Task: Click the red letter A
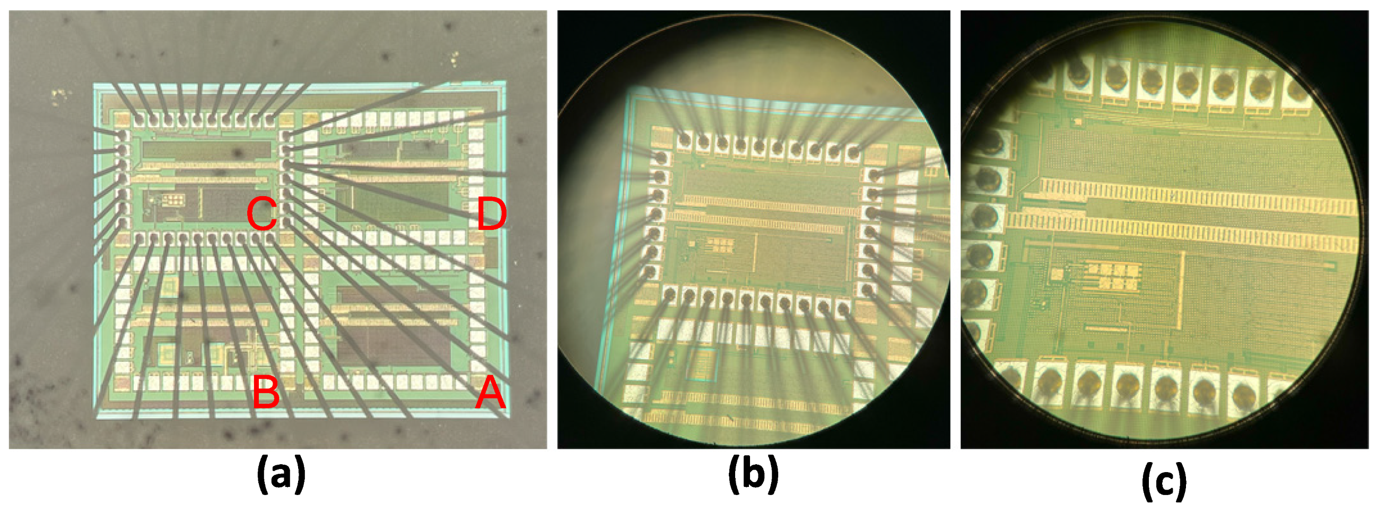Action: [491, 392]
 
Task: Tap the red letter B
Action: [266, 392]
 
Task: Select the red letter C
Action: [261, 213]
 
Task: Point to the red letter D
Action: [491, 214]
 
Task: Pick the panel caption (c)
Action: [1164, 481]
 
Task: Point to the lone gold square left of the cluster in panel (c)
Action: [1057, 274]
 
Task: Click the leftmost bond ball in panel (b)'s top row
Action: [685, 140]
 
